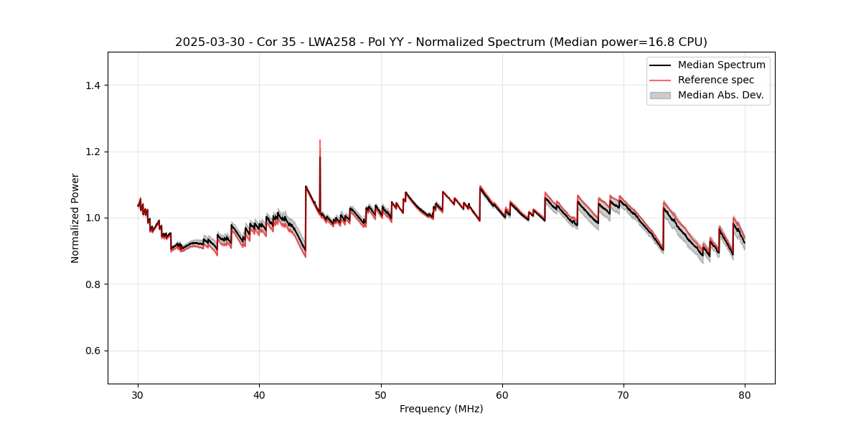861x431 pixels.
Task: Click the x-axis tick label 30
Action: (138, 395)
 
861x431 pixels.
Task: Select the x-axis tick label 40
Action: (260, 395)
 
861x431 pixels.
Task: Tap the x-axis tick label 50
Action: (381, 395)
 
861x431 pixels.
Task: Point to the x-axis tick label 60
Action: (502, 395)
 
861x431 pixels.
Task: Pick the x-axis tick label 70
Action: (624, 395)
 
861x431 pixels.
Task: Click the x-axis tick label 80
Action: (745, 395)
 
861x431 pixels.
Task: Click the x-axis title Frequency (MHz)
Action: (441, 409)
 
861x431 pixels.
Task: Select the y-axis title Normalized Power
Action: (75, 218)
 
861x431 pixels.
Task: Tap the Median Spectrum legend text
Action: (721, 65)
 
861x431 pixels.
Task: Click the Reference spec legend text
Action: (716, 80)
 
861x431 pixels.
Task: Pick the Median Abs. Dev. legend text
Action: (720, 95)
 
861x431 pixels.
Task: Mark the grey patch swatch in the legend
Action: (660, 95)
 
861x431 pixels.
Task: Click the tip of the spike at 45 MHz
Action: (320, 140)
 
